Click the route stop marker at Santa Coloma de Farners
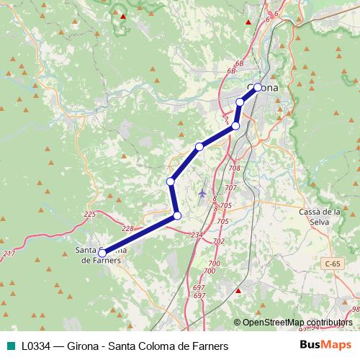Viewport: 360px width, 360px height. point(102,253)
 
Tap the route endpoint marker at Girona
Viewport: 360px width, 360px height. point(258,88)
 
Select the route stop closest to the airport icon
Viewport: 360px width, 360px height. point(171,181)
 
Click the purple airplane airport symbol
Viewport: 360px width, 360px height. point(202,193)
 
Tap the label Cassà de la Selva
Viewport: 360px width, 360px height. point(319,217)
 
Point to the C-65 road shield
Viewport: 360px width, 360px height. point(332,264)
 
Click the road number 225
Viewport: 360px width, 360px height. point(89,215)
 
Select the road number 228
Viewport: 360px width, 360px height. point(127,228)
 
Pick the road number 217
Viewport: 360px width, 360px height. point(9,254)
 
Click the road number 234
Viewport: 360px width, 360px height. point(197,235)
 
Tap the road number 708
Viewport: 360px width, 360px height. point(234,168)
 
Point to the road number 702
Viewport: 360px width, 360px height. point(219,240)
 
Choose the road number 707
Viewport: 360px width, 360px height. point(230,187)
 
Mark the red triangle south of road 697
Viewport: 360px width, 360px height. point(238,291)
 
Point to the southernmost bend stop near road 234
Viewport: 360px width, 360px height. point(177,215)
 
